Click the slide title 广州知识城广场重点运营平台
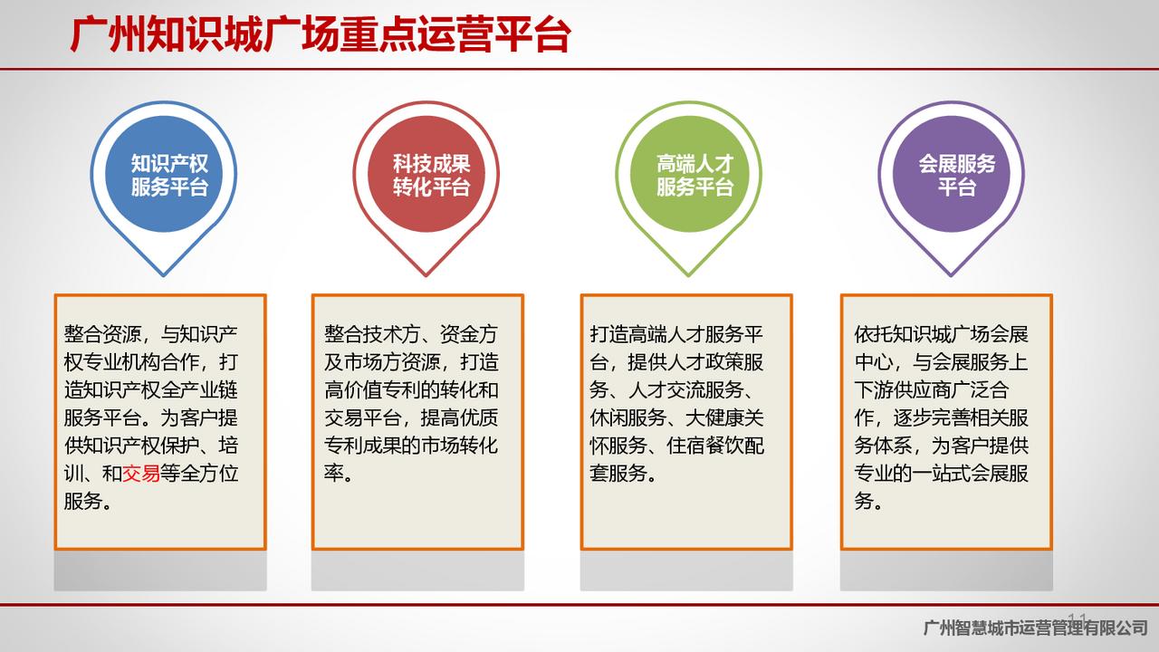point(321,35)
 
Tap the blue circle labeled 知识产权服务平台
point(164,174)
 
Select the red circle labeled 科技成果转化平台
point(426,174)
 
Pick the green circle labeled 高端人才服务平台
point(689,174)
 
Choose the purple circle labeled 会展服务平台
point(951,174)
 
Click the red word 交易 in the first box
point(140,473)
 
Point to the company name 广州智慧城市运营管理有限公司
point(1035,628)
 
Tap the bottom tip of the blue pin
point(164,276)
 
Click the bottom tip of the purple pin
point(951,276)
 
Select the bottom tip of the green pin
point(689,276)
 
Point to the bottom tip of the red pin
point(426,276)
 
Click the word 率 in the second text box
point(334,473)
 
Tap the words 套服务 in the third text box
point(618,473)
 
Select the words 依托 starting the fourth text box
point(874,334)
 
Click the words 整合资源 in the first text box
point(102,334)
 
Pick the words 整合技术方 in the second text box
point(372,334)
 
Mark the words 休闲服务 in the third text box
point(627,417)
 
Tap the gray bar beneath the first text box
point(160,570)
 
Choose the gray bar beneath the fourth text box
point(946,570)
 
